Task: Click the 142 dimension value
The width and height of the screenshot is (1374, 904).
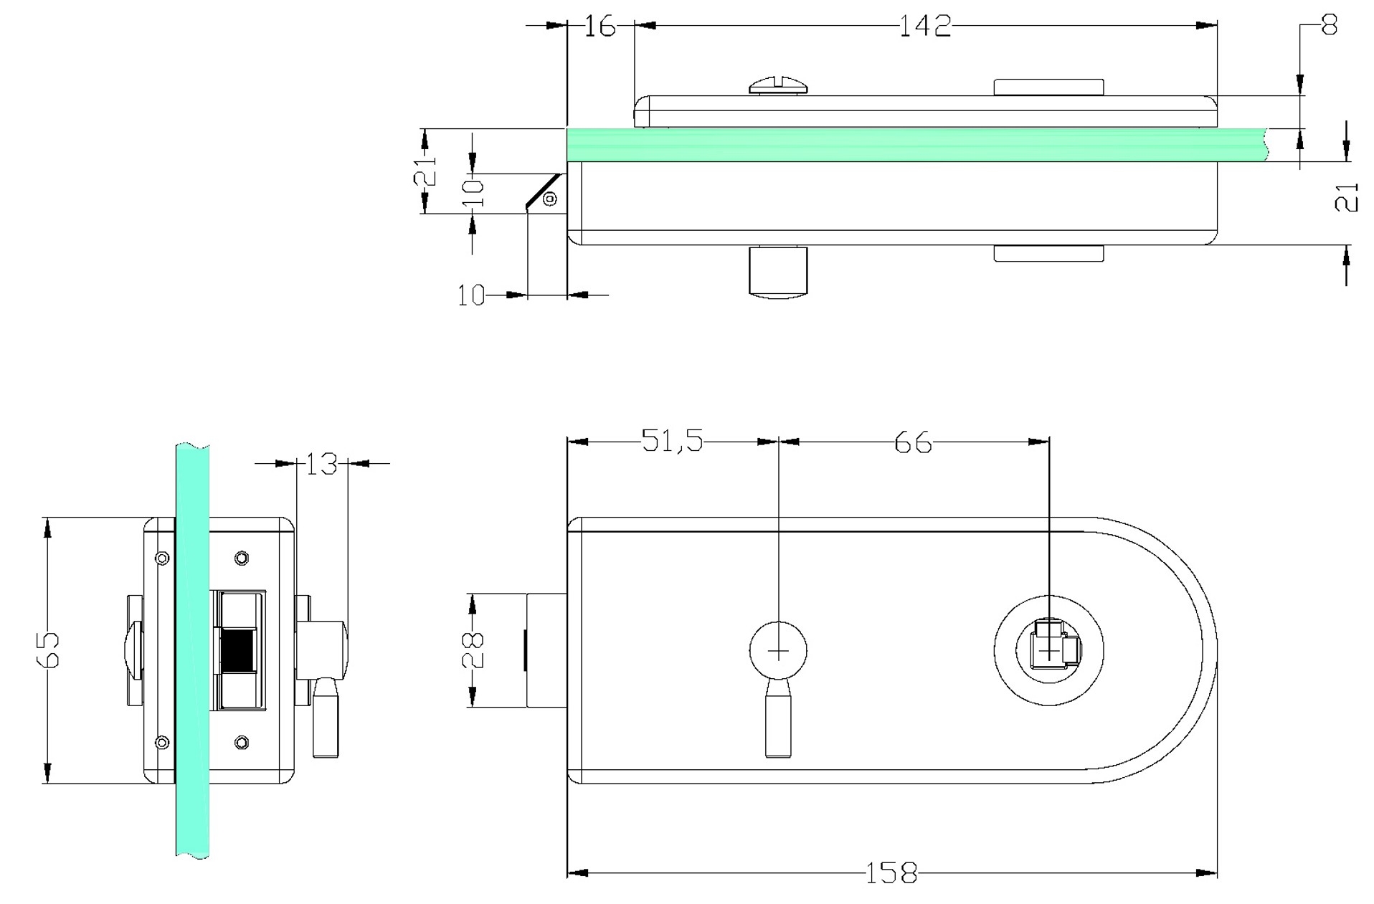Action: coord(925,27)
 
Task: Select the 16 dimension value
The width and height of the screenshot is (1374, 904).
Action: coord(600,27)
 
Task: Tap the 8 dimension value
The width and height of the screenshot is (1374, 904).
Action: coord(1329,27)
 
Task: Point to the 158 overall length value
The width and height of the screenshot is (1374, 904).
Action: coord(891,872)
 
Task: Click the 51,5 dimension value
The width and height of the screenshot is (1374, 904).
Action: coord(672,441)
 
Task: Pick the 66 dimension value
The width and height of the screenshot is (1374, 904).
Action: coord(913,442)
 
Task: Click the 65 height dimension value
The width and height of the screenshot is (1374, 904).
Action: coord(49,650)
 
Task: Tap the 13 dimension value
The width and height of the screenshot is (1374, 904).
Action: coord(321,464)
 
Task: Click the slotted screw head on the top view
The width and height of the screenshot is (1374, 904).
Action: coord(780,86)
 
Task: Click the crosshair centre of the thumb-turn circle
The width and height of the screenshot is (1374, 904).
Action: coord(778,651)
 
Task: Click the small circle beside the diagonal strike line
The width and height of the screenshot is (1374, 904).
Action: coord(549,199)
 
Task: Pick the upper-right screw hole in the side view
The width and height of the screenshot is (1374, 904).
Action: coord(242,558)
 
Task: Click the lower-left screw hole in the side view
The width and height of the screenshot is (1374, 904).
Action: coord(162,743)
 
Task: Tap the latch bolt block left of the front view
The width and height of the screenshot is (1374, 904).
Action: coord(546,650)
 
